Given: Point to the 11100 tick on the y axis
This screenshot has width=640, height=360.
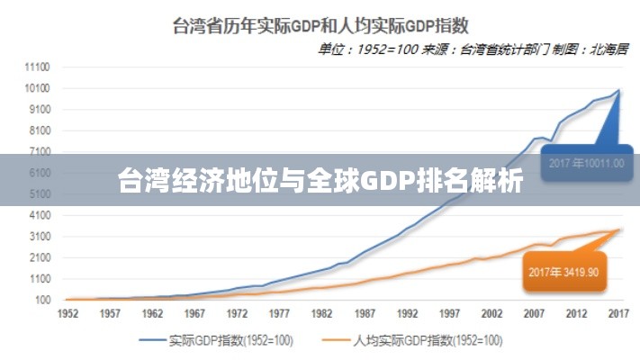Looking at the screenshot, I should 37,67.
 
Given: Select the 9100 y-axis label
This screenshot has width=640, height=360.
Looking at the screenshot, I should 39,110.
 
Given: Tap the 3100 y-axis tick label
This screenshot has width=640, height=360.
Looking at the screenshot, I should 39,237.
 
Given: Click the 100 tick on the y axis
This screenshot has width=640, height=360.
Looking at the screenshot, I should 42,300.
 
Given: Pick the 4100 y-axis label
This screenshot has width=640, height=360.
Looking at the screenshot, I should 39,216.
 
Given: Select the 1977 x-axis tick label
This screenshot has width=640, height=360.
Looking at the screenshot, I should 280,315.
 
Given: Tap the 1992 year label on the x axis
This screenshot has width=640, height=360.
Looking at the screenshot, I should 408,315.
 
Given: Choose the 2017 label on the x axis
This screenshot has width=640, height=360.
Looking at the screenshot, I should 619,315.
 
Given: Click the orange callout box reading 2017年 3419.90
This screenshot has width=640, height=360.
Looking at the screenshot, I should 563,270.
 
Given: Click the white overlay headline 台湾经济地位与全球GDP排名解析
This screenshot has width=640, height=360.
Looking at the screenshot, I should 320,181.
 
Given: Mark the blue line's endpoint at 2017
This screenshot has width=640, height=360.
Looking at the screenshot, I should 619,90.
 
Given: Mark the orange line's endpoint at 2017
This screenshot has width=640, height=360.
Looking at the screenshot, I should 619,229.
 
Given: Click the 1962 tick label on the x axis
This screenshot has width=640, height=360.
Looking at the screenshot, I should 152,315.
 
